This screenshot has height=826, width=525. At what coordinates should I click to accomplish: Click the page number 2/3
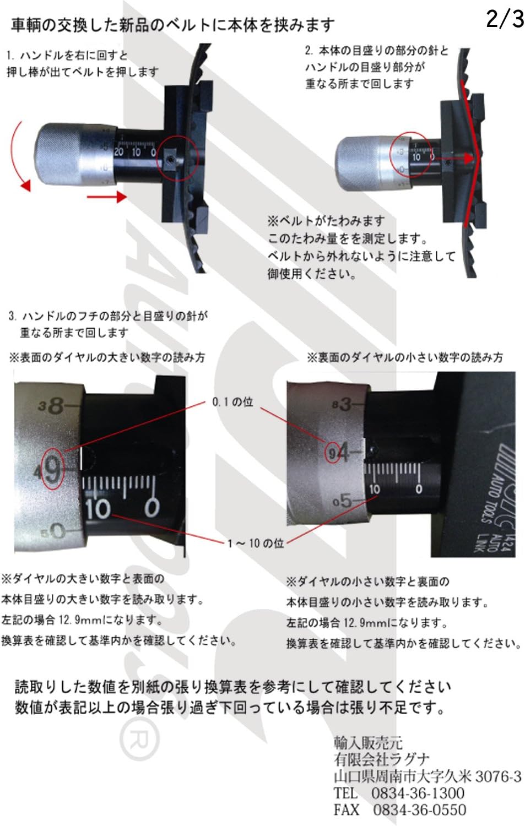pyautogui.click(x=505, y=19)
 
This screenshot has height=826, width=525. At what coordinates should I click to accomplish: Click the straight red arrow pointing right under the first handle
pyautogui.click(x=107, y=196)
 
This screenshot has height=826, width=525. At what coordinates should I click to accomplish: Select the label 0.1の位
pyautogui.click(x=232, y=402)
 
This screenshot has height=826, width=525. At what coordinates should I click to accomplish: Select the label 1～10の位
pyautogui.click(x=256, y=544)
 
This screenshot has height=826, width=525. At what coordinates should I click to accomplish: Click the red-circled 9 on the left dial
pyautogui.click(x=52, y=470)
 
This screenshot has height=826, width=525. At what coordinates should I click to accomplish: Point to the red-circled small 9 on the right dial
pyautogui.click(x=332, y=453)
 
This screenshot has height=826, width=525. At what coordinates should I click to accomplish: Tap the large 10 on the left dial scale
pyautogui.click(x=98, y=508)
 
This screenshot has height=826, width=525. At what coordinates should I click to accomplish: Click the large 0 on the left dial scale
pyautogui.click(x=151, y=507)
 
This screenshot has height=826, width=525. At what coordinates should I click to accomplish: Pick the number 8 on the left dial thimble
pyautogui.click(x=56, y=406)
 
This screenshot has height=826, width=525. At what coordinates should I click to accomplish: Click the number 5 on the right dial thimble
pyautogui.click(x=345, y=501)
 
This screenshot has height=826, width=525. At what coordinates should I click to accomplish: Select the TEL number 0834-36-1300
pyautogui.click(x=417, y=793)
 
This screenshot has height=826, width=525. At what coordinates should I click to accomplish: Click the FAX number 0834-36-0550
pyautogui.click(x=419, y=810)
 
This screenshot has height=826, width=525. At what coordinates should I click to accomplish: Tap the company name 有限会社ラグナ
pyautogui.click(x=381, y=759)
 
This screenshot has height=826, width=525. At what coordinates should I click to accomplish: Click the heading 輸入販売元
pyautogui.click(x=367, y=742)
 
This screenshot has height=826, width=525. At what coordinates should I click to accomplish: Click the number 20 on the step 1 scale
pyautogui.click(x=119, y=151)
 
